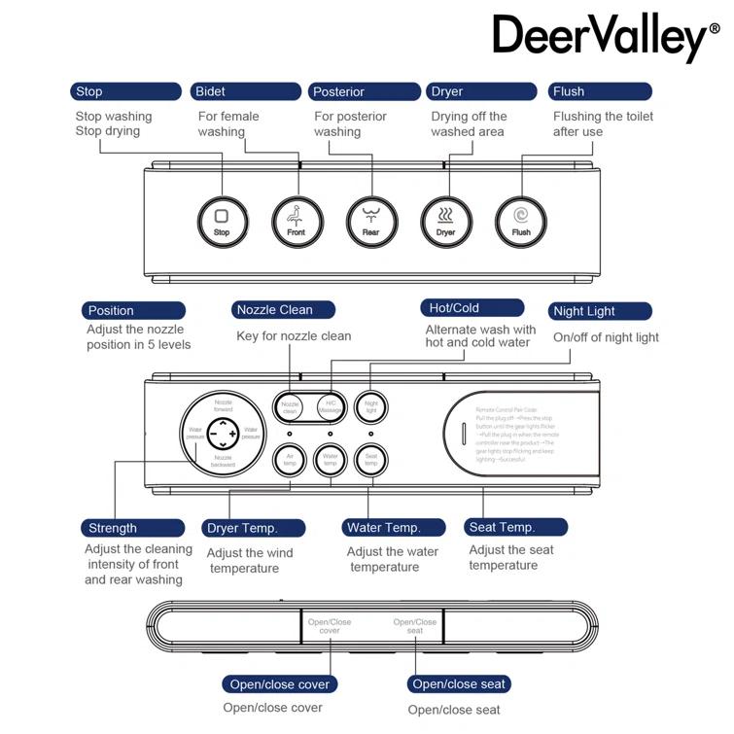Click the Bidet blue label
point(245,91)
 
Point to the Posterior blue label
point(365,91)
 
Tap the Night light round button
point(369,405)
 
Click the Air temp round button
point(289,459)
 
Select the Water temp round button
point(331,459)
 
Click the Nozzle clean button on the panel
point(290,406)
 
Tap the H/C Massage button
point(330,406)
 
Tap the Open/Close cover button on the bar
point(330,626)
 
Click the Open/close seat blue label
point(458,684)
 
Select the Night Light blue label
point(600,311)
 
